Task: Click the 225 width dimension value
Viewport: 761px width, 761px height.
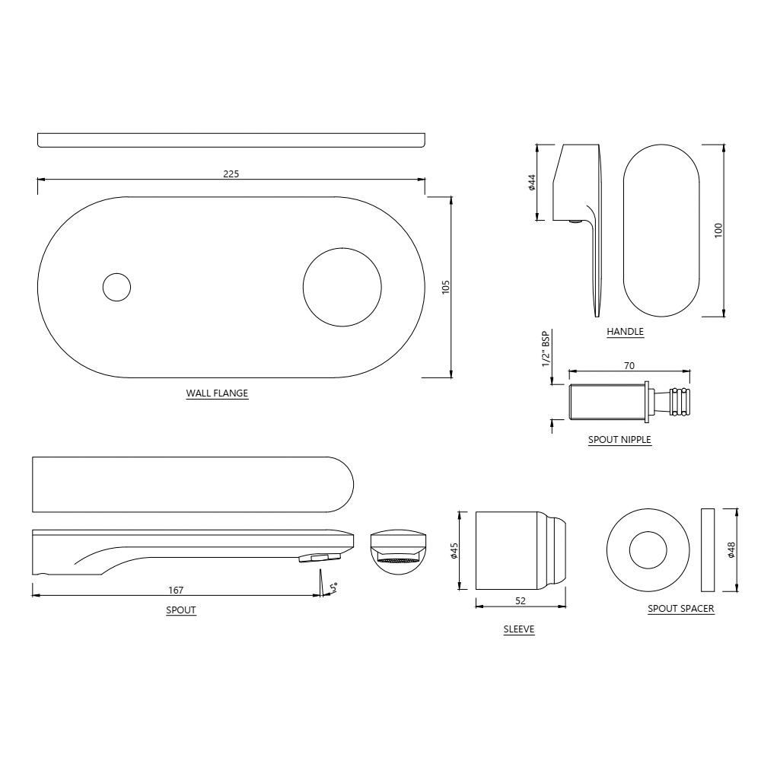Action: tap(231, 174)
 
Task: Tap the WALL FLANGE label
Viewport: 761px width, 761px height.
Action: tap(217, 394)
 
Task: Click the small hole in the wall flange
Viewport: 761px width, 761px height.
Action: tap(116, 287)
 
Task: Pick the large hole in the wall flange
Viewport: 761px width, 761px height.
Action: tap(342, 287)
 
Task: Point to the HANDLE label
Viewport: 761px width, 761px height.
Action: tap(625, 332)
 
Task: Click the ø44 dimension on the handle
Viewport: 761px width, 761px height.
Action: tap(533, 183)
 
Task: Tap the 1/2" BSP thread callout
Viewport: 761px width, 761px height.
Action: tap(546, 349)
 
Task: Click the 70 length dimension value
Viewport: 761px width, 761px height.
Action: tap(629, 366)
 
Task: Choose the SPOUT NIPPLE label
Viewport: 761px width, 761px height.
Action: tap(619, 440)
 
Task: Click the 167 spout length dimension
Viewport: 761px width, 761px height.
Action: tap(176, 590)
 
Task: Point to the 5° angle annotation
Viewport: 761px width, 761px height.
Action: tap(333, 587)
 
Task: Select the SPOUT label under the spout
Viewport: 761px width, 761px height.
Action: tap(181, 610)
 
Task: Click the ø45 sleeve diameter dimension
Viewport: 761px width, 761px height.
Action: tap(454, 551)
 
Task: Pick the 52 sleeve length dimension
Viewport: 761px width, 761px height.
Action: tap(521, 601)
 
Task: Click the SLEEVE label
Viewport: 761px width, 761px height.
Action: tap(519, 630)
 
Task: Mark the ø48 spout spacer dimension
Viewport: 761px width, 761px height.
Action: tap(731, 550)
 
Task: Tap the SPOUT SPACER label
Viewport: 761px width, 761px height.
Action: tap(680, 609)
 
